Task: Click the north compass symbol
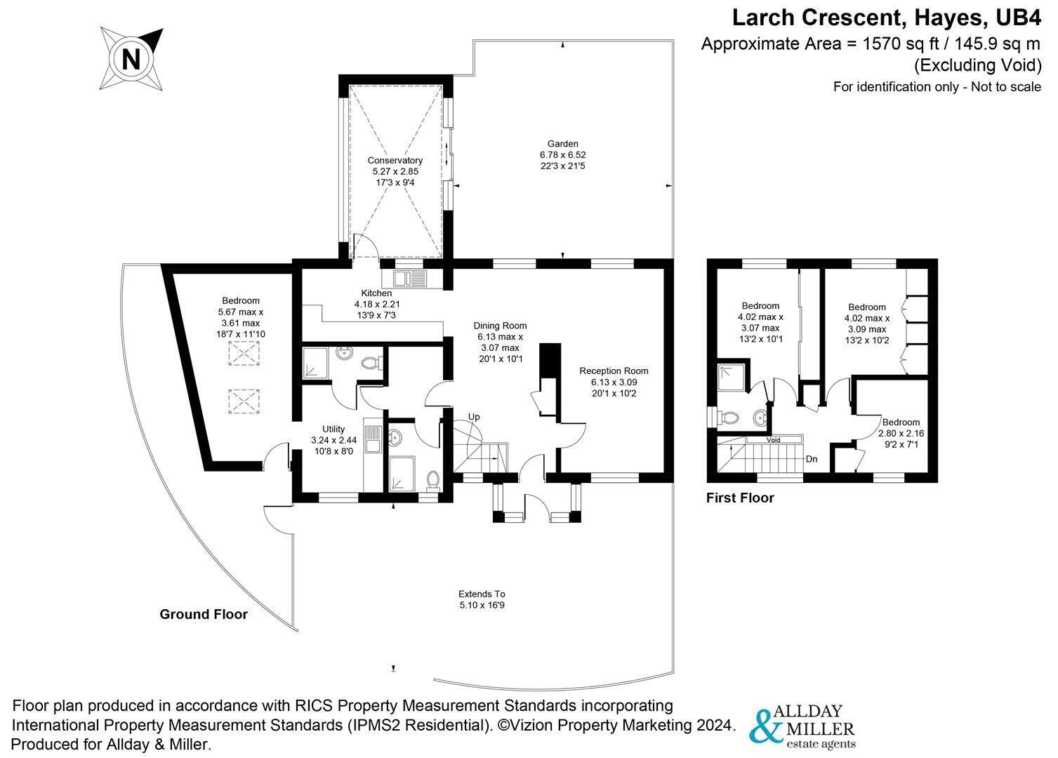pos(131,59)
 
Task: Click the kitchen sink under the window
pos(411,279)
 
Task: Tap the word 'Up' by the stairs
pos(474,417)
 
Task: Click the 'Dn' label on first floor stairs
pos(812,460)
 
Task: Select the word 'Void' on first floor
pos(773,440)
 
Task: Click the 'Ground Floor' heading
pos(204,614)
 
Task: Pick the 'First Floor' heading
pos(740,498)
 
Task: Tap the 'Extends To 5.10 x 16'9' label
pos(482,599)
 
